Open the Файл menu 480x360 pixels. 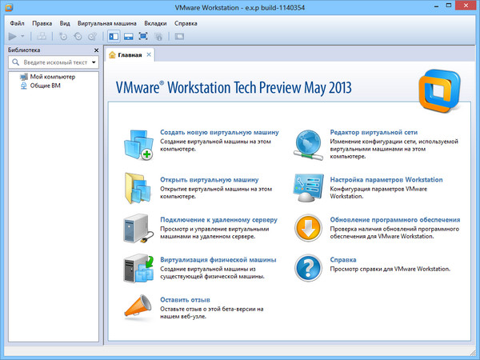pyautogui.click(x=17, y=23)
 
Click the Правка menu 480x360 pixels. pyautogui.click(x=42, y=23)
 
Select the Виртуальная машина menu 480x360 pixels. pyautogui.click(x=106, y=23)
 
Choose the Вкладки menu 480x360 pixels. pyautogui.click(x=155, y=23)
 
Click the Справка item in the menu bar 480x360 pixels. pyautogui.click(x=186, y=23)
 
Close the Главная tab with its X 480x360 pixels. pyautogui.click(x=149, y=54)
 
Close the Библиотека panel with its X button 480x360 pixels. pyautogui.click(x=96, y=50)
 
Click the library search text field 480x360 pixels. pyautogui.click(x=54, y=62)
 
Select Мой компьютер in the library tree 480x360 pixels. pyautogui.click(x=53, y=76)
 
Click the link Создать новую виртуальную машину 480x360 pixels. pyautogui.click(x=219, y=132)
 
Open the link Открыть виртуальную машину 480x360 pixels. pyautogui.click(x=209, y=180)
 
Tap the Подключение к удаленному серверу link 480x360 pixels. pyautogui.click(x=218, y=219)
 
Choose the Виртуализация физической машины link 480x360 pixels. pyautogui.click(x=218, y=260)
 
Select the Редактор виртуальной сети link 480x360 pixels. pyautogui.click(x=374, y=132)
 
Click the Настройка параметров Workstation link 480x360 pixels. pyautogui.click(x=386, y=180)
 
